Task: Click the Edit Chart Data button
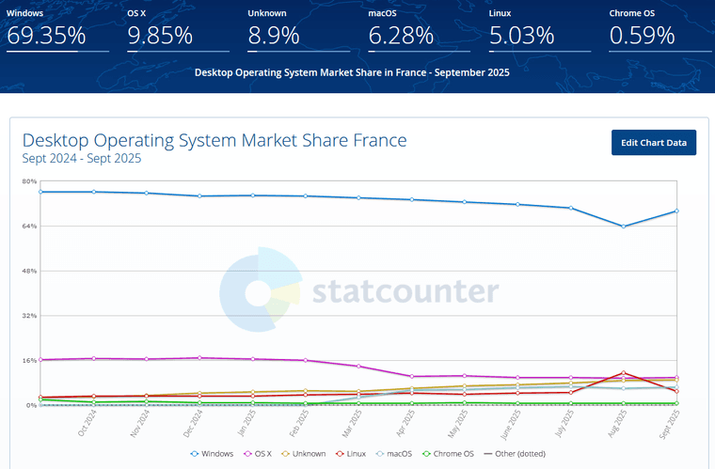653,143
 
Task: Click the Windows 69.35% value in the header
46,37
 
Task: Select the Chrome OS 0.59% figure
643,37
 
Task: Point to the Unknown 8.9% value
274,37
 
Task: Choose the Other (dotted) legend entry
516,453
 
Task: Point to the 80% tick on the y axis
29,181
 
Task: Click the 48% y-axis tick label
29,271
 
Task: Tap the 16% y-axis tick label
29,360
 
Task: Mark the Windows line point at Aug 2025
623,227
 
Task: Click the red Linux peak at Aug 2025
623,372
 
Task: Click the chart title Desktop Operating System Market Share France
214,140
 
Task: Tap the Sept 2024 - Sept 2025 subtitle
82,159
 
